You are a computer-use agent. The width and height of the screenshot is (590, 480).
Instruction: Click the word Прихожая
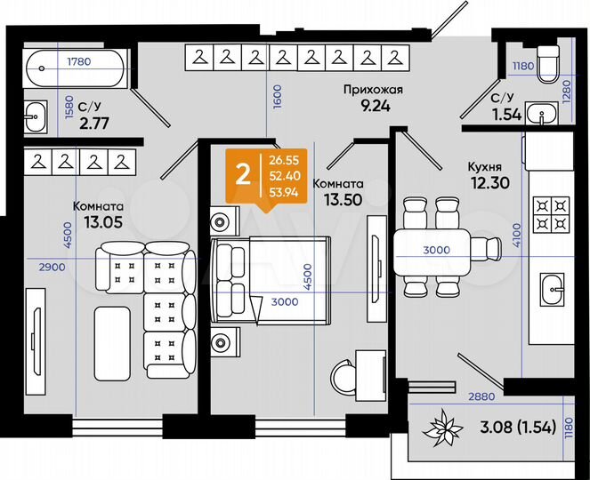tap(375, 88)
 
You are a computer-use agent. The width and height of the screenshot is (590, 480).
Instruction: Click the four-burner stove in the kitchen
tap(549, 214)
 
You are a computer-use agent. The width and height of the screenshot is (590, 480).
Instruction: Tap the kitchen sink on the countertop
tap(551, 285)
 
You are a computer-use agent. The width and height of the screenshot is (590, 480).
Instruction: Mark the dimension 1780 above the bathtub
tap(79, 61)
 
